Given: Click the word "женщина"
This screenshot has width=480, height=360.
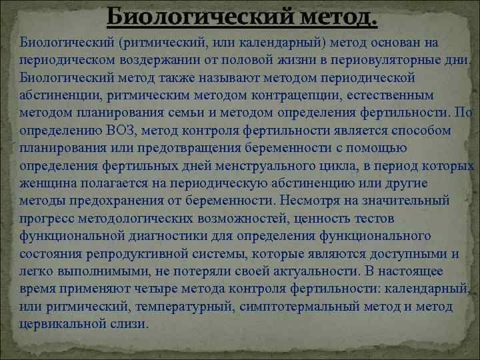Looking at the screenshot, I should pos(46,182).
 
